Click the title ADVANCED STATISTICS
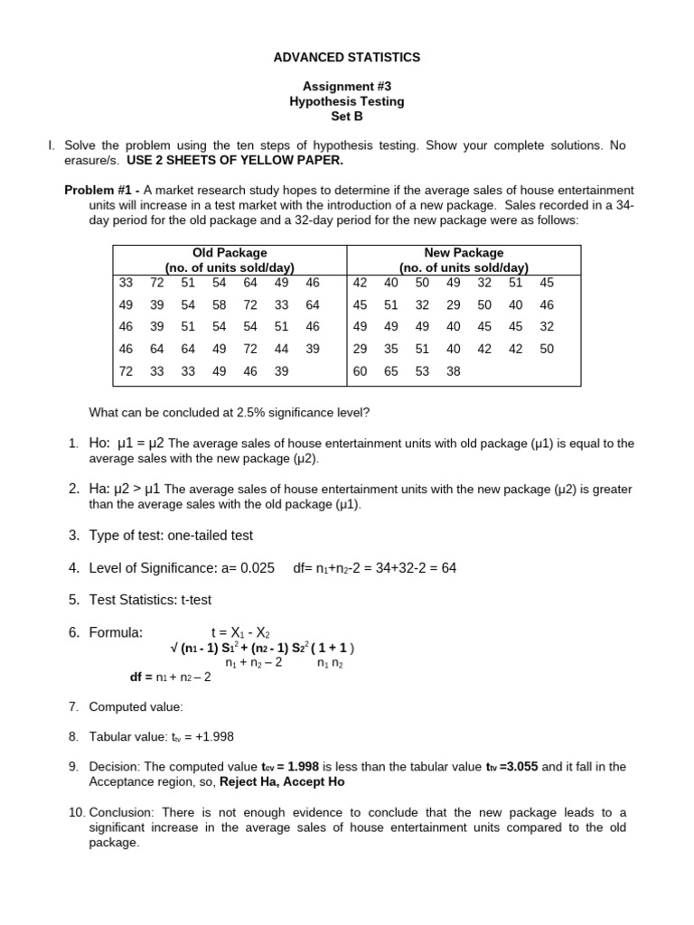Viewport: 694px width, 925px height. pyautogui.click(x=347, y=57)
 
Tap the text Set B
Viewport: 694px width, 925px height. pyautogui.click(x=347, y=117)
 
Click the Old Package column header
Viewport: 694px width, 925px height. pyautogui.click(x=230, y=253)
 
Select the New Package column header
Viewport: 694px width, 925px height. pyautogui.click(x=464, y=253)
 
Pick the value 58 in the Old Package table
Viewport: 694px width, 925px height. pyautogui.click(x=220, y=305)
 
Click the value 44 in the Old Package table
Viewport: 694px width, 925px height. pyautogui.click(x=282, y=349)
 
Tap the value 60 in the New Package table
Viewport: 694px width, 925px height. pyautogui.click(x=360, y=370)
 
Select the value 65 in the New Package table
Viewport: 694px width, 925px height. pyautogui.click(x=391, y=370)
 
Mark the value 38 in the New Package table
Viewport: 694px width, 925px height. pyautogui.click(x=454, y=370)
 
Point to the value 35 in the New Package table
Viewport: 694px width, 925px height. pyautogui.click(x=391, y=349)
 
